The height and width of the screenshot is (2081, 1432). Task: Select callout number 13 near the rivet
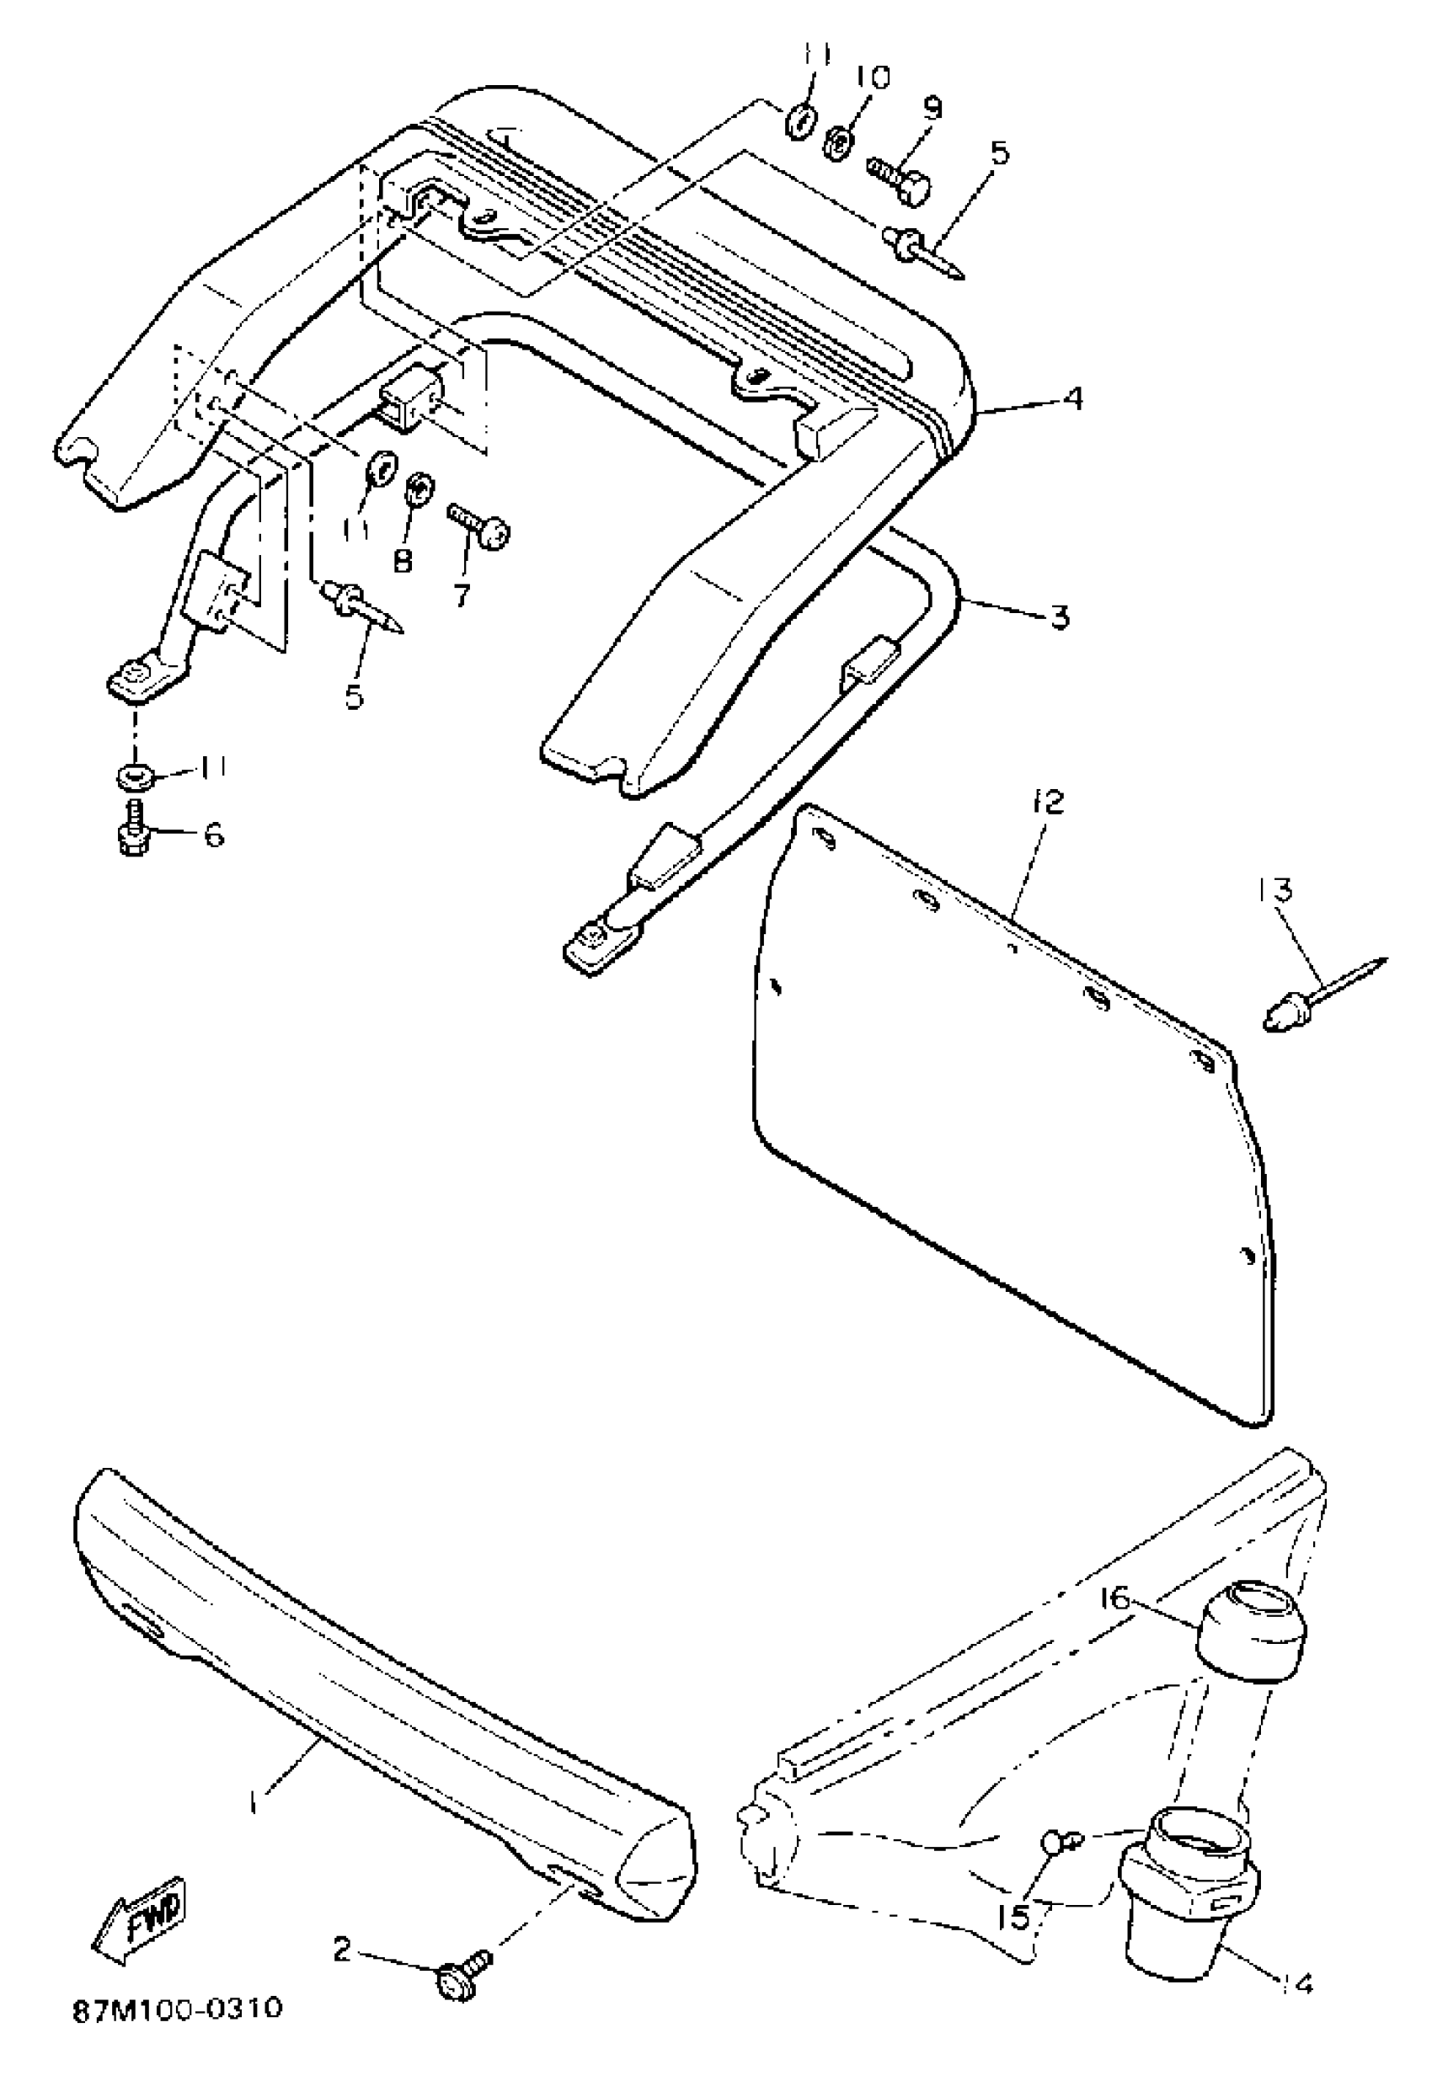(1274, 891)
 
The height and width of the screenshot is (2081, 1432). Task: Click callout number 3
(1059, 617)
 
